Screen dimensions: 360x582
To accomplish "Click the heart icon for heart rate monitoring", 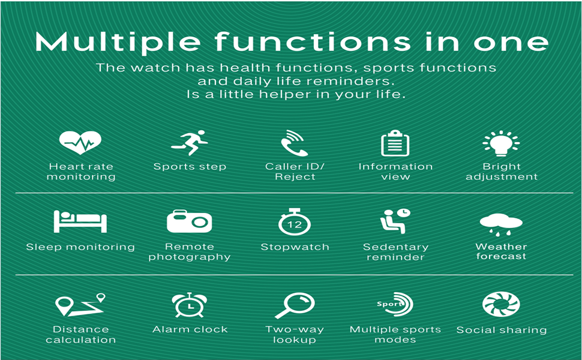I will click(80, 143).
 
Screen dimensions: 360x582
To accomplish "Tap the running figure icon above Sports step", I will click(190, 143).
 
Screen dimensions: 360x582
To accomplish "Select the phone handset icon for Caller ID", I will click(294, 143).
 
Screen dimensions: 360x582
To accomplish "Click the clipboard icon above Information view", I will click(395, 143).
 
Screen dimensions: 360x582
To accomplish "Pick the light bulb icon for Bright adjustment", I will click(501, 143).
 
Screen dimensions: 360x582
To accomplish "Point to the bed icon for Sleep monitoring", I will click(80, 221).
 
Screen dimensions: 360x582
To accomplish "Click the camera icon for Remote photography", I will click(189, 221).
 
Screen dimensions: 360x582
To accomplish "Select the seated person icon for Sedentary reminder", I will click(395, 221).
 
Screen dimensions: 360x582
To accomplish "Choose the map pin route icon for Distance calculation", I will click(80, 305).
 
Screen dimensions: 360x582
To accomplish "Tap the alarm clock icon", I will click(190, 304).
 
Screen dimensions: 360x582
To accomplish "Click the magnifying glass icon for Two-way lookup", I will click(294, 305).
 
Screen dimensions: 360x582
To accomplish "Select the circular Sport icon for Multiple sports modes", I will click(395, 305).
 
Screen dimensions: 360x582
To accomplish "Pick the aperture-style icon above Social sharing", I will click(501, 304).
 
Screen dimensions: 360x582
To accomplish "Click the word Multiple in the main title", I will click(118, 43).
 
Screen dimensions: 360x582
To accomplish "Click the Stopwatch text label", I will click(295, 247).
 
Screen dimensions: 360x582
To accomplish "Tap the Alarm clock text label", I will click(190, 329).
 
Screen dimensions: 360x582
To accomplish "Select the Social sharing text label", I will click(501, 330).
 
